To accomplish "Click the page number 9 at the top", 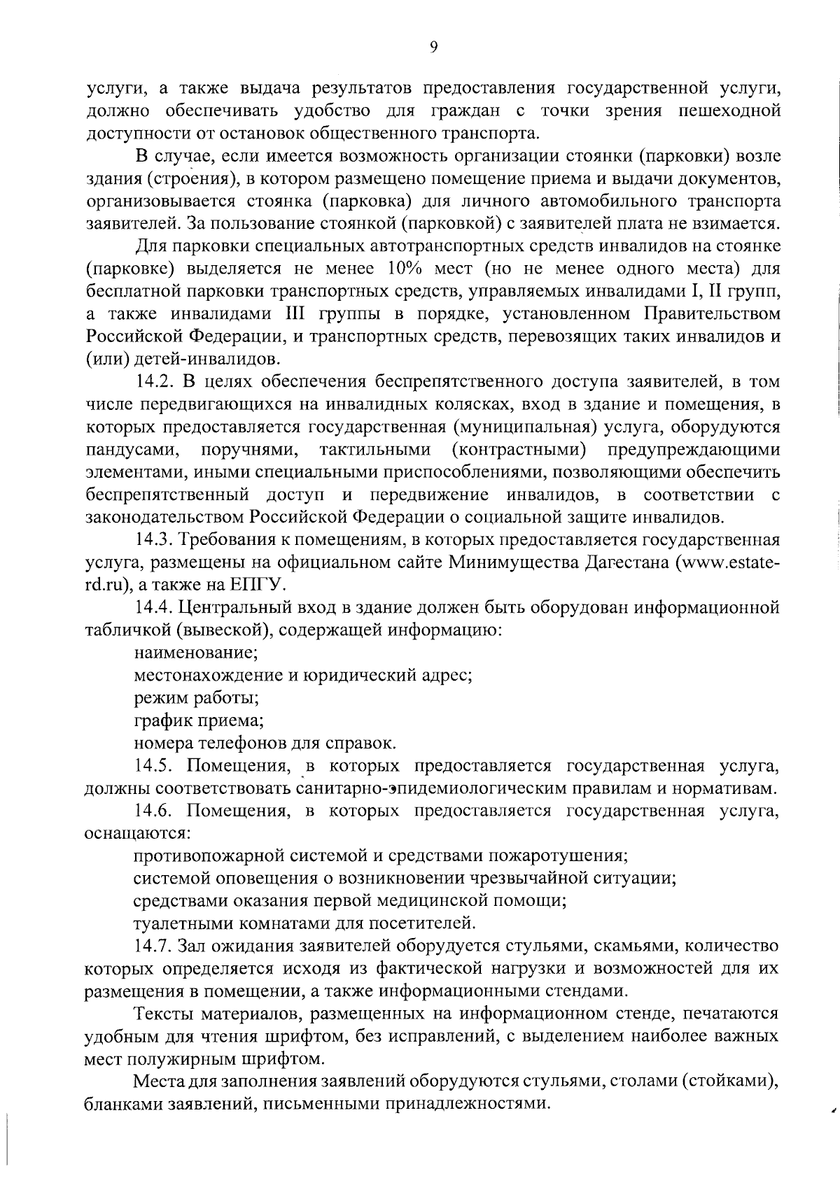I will (x=433, y=47).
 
